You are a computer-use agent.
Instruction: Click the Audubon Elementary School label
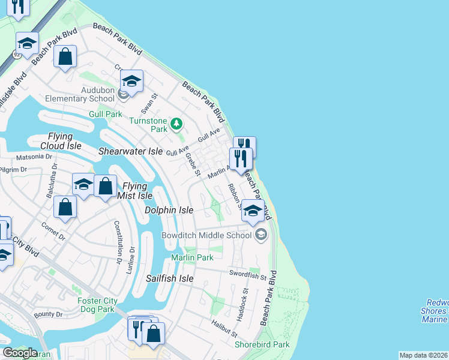79,99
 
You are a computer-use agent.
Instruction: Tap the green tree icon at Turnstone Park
176,124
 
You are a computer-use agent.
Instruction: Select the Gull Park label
105,114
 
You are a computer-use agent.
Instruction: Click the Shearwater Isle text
130,152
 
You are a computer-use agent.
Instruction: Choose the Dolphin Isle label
169,210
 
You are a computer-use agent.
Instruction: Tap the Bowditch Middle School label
206,235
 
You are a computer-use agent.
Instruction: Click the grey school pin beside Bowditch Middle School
261,235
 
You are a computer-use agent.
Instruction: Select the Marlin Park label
192,257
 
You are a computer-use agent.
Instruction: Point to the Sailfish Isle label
170,278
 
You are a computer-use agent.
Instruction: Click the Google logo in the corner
20,353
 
